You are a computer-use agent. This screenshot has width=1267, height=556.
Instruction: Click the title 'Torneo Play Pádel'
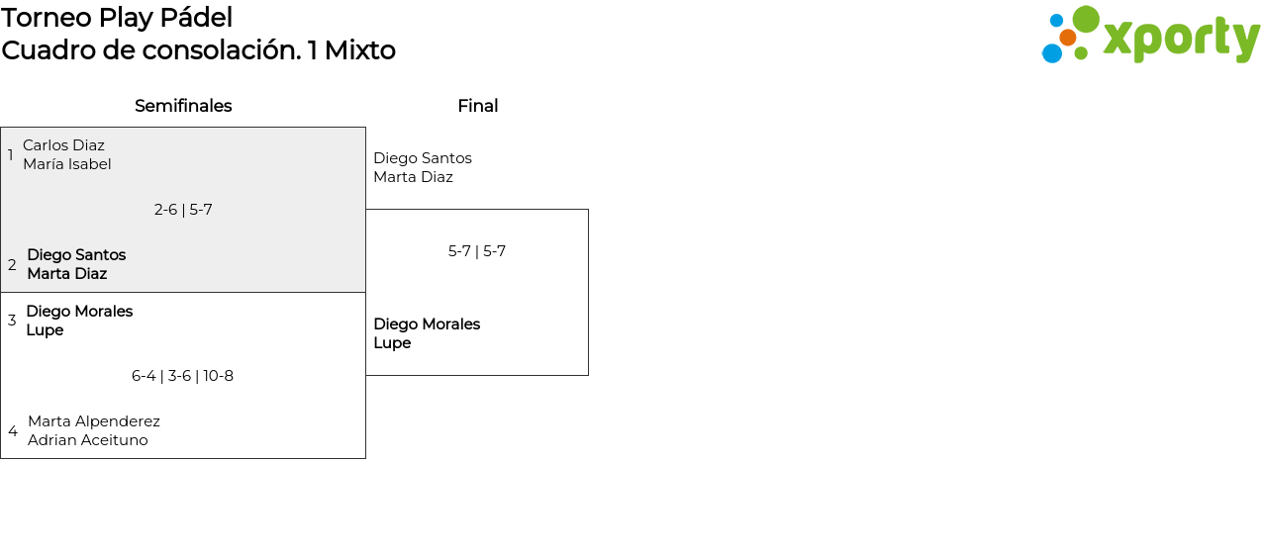point(117,18)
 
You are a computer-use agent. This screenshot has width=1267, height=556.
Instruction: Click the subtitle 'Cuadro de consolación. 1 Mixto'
point(198,50)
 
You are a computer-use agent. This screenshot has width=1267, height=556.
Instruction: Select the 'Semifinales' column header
point(183,106)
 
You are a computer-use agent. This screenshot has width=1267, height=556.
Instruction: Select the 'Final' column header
point(477,106)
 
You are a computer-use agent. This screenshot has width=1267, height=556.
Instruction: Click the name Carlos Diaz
point(63,145)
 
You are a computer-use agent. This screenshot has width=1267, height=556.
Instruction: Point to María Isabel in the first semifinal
point(67,164)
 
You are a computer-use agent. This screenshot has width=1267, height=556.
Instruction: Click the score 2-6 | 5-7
point(183,210)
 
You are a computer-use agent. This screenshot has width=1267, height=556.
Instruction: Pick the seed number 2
point(12,265)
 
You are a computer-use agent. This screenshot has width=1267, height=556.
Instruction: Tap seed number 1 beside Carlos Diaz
point(11,155)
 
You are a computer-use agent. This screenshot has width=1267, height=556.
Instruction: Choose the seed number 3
point(12,321)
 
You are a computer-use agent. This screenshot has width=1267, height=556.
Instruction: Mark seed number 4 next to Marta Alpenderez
point(13,431)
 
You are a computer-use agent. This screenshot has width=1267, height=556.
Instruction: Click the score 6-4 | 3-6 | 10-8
point(182,376)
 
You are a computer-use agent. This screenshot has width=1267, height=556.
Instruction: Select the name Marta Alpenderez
point(94,421)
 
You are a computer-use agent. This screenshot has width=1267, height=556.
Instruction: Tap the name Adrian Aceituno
point(88,440)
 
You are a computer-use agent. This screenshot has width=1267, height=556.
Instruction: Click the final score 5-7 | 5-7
point(477,251)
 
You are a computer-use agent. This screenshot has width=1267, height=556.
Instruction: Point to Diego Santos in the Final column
point(423,158)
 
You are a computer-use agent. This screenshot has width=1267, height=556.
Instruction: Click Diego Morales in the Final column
point(427,324)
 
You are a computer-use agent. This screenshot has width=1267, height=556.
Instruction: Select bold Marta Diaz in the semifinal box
point(66,274)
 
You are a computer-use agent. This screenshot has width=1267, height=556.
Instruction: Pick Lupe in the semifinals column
point(45,330)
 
